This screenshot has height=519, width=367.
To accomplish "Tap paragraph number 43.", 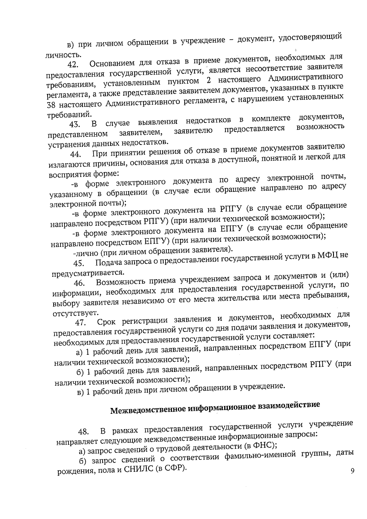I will click(74, 125).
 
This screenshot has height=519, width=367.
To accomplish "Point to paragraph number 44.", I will click(75, 154).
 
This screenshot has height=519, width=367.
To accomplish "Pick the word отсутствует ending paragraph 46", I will click(71, 313).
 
